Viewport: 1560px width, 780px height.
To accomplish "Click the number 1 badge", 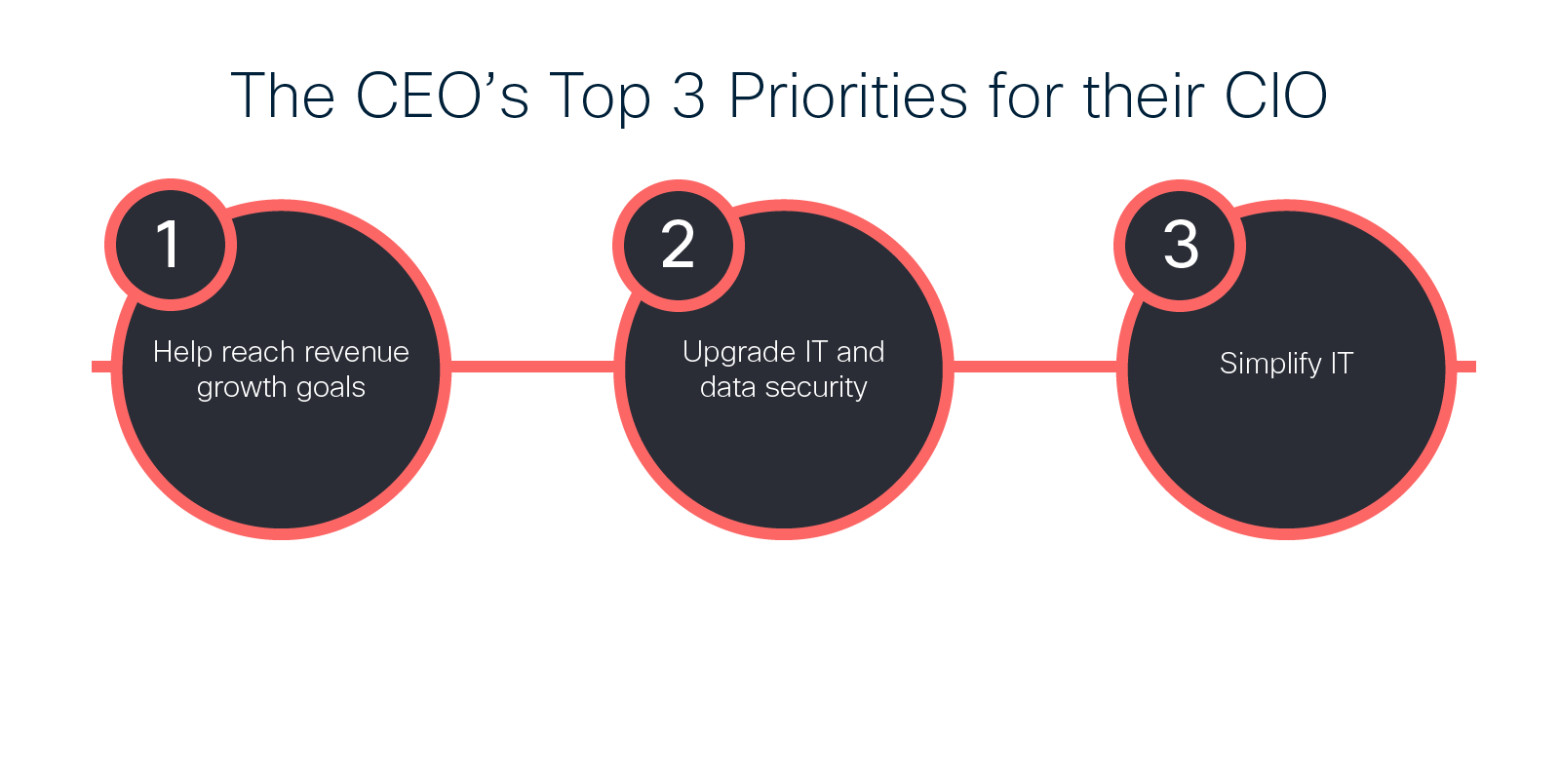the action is pos(171,245).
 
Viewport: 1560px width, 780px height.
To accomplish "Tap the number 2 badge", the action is pos(679,245).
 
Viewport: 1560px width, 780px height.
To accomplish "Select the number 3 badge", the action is pos(1180,245).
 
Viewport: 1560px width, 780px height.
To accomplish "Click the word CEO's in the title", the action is pos(443,96).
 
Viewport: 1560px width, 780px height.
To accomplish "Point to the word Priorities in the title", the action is pos(848,96).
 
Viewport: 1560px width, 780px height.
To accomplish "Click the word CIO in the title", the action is pos(1276,96).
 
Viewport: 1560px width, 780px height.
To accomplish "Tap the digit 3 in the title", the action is pos(688,96).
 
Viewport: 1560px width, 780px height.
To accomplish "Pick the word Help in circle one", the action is pos(182,352).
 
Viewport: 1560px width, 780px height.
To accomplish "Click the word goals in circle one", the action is pos(331,388).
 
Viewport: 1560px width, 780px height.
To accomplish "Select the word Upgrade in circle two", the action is pos(740,353).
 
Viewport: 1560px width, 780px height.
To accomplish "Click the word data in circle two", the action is pos(727,387).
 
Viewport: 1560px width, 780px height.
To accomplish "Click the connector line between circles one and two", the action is pos(532,367).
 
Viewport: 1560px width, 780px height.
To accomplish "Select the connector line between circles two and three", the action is pos(1035,367).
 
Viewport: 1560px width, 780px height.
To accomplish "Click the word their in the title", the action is pos(1144,96).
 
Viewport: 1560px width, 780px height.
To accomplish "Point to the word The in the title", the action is pos(283,96).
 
